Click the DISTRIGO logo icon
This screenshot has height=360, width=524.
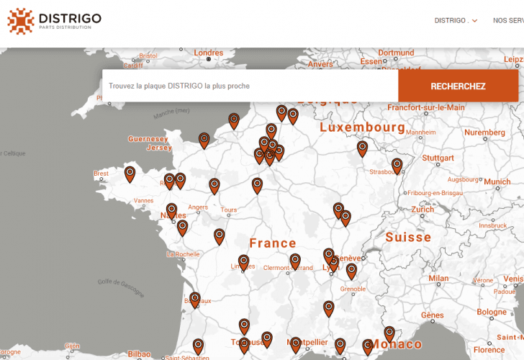point(21,21)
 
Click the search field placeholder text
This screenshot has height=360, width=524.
point(179,86)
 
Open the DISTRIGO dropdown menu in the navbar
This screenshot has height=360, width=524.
point(456,21)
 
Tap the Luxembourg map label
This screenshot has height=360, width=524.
point(362,127)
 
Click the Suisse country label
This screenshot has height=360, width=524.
point(408,237)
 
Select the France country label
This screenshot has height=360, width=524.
point(273,243)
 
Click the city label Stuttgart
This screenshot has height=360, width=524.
point(438,158)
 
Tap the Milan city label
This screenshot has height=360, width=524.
point(438,278)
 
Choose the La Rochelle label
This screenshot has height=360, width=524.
point(182,254)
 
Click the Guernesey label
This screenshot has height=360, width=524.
point(148,139)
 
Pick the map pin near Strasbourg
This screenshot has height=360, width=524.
point(397,166)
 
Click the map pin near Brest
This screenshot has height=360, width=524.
point(130,174)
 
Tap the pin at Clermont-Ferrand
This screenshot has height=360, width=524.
point(295,260)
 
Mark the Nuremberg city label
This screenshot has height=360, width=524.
point(484,132)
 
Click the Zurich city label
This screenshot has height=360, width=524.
point(423,210)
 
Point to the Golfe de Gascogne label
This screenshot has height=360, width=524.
point(120,288)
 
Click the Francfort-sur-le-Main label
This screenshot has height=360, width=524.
point(426,107)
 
